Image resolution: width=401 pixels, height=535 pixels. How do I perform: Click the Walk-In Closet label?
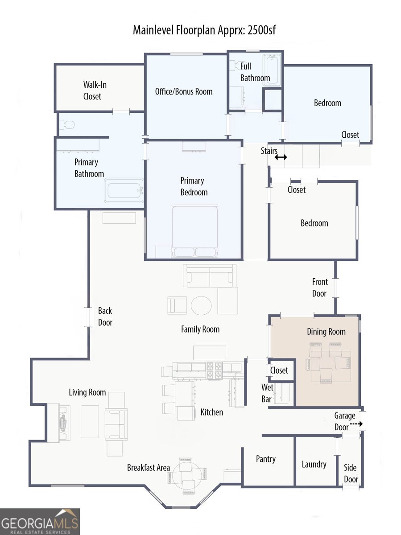[x=95, y=91]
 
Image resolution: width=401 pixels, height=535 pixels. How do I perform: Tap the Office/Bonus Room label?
[x=184, y=91]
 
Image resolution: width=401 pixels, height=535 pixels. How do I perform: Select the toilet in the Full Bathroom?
[x=235, y=66]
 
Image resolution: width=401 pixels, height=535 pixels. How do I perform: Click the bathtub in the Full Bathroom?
[x=272, y=70]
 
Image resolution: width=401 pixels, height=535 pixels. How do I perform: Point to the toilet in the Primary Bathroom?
[x=66, y=125]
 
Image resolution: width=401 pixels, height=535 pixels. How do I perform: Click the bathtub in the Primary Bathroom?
[x=124, y=191]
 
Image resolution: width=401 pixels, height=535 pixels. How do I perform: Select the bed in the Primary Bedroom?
[x=195, y=231]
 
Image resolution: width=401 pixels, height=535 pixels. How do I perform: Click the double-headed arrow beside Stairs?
[x=281, y=157]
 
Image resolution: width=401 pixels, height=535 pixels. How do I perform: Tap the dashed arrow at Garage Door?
[x=356, y=424]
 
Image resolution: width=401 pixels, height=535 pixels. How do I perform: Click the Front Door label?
[x=320, y=288]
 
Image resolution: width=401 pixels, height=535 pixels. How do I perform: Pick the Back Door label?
[x=105, y=317]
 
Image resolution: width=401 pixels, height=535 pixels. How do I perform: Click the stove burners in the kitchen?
[x=214, y=370]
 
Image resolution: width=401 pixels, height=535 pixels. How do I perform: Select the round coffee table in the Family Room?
[x=201, y=305]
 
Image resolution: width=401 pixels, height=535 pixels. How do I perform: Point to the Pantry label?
[x=266, y=459]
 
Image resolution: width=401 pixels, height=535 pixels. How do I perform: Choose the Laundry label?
[x=314, y=464]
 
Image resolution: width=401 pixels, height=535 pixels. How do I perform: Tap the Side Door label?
[x=351, y=473]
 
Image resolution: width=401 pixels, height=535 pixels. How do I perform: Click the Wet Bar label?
[x=267, y=393]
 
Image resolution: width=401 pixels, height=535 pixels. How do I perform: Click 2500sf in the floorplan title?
[x=261, y=30]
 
